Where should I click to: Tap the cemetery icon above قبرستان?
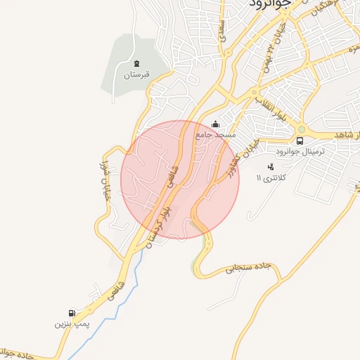click(x=136, y=63)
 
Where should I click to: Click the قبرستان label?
click(x=137, y=74)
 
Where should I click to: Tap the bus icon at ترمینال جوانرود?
click(x=300, y=140)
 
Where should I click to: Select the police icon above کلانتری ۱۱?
click(x=271, y=167)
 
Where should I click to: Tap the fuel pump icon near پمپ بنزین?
click(x=72, y=314)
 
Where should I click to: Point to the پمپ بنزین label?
click(x=71, y=325)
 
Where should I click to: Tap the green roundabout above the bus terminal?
click(x=302, y=129)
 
